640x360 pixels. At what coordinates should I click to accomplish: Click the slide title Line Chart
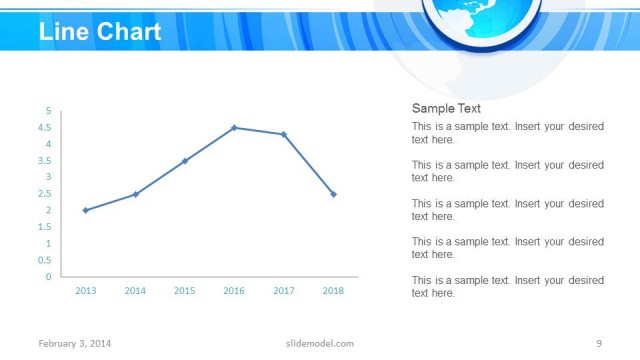tap(100, 31)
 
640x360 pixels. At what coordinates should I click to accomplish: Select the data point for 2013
tap(85, 210)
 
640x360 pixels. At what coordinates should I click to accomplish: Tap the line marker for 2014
tap(135, 194)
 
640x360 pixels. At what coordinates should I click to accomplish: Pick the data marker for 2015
tap(185, 161)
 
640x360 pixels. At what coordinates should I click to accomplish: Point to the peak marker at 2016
tap(234, 128)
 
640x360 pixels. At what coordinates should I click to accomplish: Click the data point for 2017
tap(284, 134)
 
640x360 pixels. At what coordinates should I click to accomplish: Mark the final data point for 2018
tap(333, 194)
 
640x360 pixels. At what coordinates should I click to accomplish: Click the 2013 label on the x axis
tap(85, 291)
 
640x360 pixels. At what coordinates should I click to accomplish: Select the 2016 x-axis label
tap(234, 291)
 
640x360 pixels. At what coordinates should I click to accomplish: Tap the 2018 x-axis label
tap(333, 291)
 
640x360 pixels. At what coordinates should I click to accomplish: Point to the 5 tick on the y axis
tap(48, 111)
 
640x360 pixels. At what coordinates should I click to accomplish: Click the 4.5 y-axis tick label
tap(45, 128)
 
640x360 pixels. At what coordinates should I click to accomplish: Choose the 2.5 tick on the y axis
tap(45, 194)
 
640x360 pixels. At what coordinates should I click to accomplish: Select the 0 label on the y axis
tap(48, 277)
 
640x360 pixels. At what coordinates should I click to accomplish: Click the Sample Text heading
tap(446, 109)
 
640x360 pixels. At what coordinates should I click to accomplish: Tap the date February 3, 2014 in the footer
tap(75, 344)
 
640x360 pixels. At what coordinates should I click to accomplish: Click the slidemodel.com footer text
tap(313, 344)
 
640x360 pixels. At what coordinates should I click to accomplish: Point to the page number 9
tap(598, 344)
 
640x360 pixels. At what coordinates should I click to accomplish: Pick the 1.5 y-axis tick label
tap(45, 227)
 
